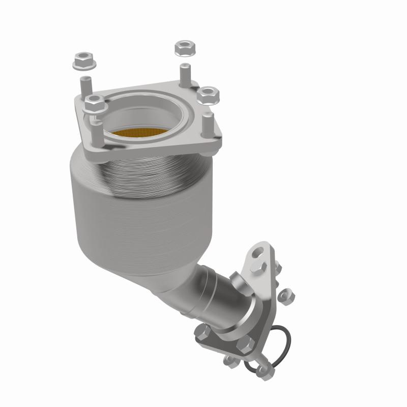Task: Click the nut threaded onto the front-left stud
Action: (x=94, y=105)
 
